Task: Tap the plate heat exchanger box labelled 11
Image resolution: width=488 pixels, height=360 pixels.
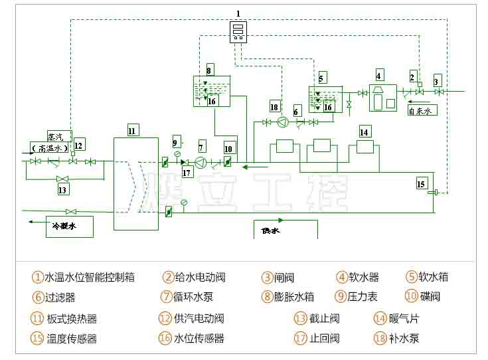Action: tap(135, 183)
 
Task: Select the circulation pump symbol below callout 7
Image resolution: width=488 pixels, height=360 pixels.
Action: tap(201, 163)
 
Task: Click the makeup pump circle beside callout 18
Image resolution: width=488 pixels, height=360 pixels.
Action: tap(283, 122)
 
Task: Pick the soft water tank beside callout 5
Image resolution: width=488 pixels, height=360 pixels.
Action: tap(325, 98)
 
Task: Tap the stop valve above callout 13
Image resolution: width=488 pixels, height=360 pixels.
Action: tap(64, 178)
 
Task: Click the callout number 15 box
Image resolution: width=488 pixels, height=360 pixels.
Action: tap(422, 183)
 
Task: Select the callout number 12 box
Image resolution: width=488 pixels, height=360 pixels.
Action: tap(79, 145)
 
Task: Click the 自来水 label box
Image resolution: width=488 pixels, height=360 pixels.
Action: tap(422, 111)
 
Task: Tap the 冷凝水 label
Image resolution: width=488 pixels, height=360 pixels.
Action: tap(64, 226)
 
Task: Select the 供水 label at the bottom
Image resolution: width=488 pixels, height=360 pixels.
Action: tap(271, 230)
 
